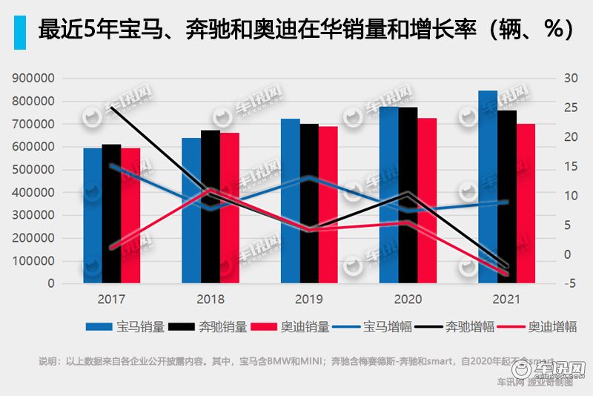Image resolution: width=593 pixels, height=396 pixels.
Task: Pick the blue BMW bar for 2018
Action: (191, 211)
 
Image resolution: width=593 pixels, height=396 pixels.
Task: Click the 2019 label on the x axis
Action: (309, 300)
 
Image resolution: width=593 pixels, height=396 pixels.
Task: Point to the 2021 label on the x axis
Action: (506, 300)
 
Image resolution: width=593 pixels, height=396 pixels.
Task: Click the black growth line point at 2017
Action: (111, 108)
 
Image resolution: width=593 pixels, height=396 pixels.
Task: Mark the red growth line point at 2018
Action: (211, 190)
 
